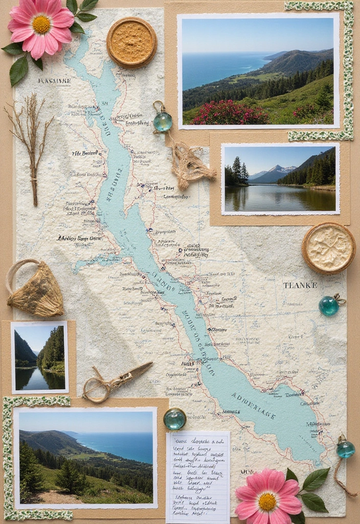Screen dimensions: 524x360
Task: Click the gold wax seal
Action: click(132, 42)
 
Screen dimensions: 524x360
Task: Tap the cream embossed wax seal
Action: click(328, 248)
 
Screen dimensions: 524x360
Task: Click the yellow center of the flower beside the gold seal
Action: click(41, 24)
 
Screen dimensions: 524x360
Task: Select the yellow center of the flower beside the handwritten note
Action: click(267, 501)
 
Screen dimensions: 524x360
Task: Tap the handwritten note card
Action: click(197, 476)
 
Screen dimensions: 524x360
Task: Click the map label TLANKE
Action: click(300, 285)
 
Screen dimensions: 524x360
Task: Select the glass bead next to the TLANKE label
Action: click(329, 305)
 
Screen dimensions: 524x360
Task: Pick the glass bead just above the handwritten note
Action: click(175, 419)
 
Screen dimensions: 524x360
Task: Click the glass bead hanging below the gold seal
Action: click(163, 122)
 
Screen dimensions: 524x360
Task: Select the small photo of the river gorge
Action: click(40, 357)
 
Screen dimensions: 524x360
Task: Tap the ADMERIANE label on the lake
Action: click(261, 406)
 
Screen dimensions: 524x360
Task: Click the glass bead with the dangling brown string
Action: click(345, 449)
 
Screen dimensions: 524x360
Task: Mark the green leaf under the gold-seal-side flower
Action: click(19, 71)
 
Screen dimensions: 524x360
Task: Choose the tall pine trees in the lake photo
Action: click(237, 170)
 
